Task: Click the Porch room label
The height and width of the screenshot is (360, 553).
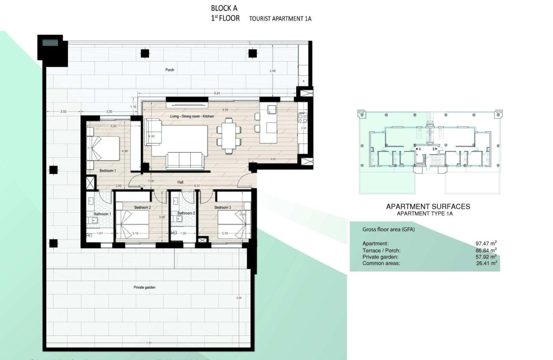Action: click(170, 70)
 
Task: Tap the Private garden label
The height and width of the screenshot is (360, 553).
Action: click(144, 288)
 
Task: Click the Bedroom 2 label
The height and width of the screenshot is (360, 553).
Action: click(142, 207)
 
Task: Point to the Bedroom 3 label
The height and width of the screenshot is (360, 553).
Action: click(223, 207)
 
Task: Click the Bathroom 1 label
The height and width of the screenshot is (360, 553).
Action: click(102, 214)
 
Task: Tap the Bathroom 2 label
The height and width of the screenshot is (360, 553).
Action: click(186, 213)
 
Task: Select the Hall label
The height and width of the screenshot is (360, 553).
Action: click(180, 182)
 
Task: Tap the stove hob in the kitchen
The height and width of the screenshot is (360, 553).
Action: click(303, 117)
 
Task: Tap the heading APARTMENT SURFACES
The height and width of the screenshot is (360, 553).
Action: click(428, 207)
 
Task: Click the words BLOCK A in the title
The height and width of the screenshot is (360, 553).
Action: click(224, 8)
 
